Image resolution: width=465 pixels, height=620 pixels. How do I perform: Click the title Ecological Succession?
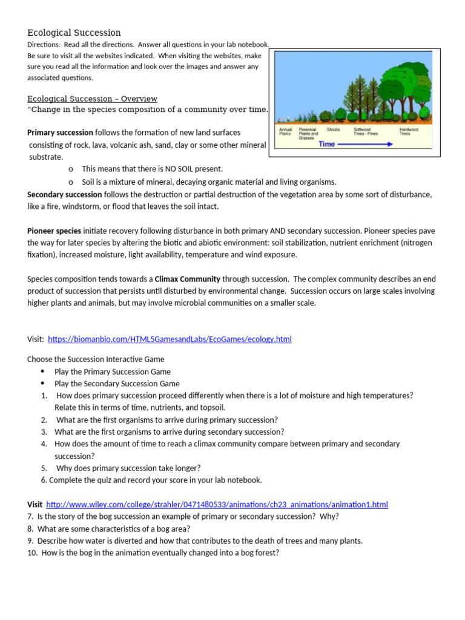coord(74,33)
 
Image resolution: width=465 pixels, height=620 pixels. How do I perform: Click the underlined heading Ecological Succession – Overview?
coord(92,99)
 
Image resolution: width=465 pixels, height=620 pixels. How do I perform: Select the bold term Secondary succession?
coord(64,194)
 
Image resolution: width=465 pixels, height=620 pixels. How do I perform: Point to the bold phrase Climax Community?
coord(187,279)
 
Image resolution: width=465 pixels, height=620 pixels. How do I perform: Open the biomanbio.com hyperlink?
coord(170,339)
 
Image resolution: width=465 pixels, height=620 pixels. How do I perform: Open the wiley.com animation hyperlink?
coord(217,504)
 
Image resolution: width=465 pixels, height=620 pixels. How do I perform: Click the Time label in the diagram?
coord(326,144)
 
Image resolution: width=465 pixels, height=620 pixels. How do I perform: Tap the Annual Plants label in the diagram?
coord(285,131)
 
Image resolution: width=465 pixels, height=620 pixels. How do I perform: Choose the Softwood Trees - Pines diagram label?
coord(366,131)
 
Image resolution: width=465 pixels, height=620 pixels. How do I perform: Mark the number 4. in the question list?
coord(44,444)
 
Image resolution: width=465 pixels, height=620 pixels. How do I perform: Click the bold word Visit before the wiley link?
coord(35,504)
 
